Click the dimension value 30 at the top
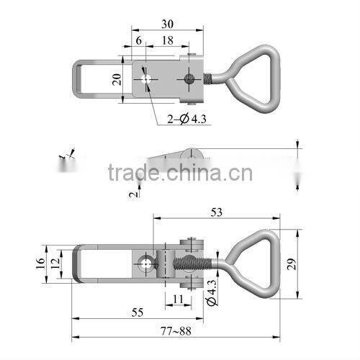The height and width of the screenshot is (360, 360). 166,23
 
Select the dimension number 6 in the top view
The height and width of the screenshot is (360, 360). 138,42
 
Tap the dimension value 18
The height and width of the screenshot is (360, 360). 166,42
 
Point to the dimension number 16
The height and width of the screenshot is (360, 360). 40,264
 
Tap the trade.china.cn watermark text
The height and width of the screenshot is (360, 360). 180,174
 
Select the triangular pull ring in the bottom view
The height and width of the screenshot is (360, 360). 254,260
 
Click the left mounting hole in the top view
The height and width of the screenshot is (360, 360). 146,78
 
